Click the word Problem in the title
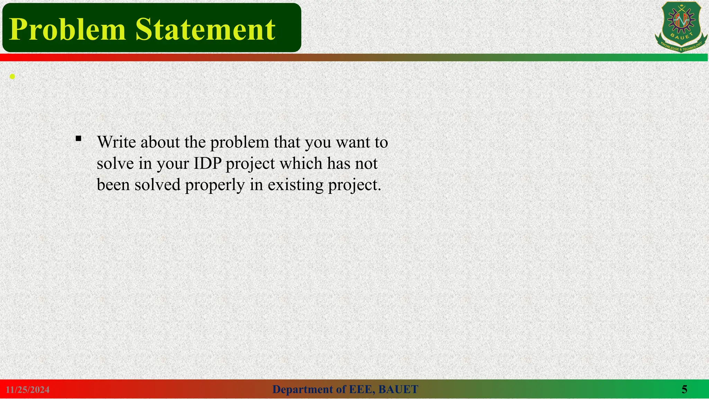(68, 29)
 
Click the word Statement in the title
(205, 29)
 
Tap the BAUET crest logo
(681, 27)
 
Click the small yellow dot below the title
(12, 77)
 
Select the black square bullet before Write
(78, 139)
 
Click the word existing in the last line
(296, 185)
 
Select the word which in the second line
(301, 163)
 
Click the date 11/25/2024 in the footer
(28, 390)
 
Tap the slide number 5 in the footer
(684, 389)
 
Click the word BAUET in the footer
(398, 390)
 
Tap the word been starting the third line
(113, 185)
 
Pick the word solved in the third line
(158, 185)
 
